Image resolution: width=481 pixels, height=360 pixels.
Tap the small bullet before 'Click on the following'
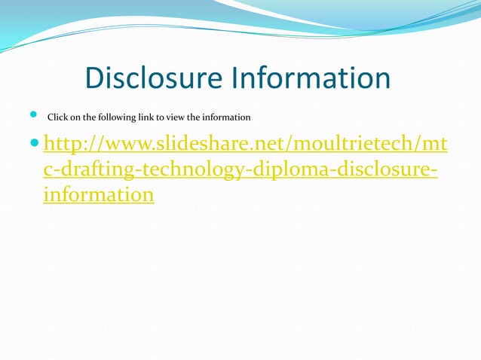[32, 115]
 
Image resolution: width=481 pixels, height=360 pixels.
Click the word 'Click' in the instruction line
[58, 117]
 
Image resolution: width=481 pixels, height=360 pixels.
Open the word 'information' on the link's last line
[99, 196]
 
